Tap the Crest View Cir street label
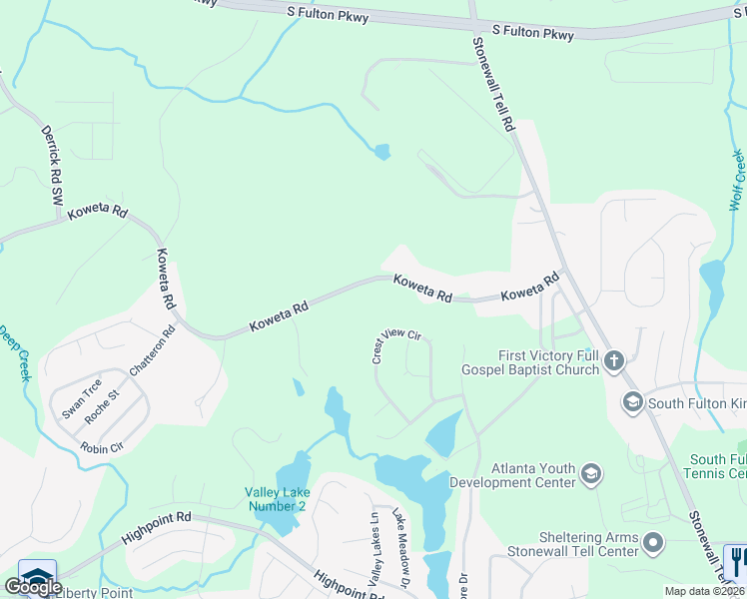pyautogui.click(x=395, y=343)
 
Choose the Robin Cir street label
pyautogui.click(x=101, y=448)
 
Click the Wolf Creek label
pyautogui.click(x=737, y=180)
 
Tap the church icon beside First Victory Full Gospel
pyautogui.click(x=614, y=361)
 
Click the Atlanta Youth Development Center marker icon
pyautogui.click(x=590, y=474)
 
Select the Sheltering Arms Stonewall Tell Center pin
pyautogui.click(x=654, y=543)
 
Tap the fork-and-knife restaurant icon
pyautogui.click(x=736, y=560)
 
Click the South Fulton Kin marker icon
pyautogui.click(x=631, y=403)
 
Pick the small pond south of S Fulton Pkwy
pyautogui.click(x=380, y=153)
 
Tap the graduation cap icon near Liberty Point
pyautogui.click(x=37, y=577)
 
